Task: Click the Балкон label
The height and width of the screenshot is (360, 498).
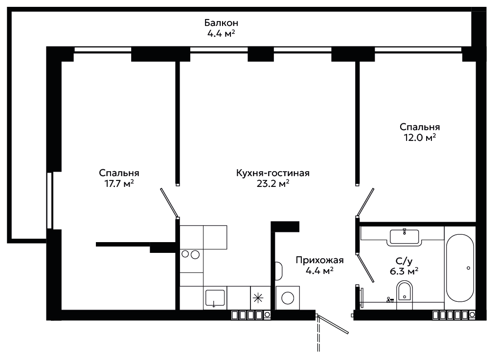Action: coord(221,23)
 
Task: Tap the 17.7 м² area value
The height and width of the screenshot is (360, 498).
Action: coord(119,183)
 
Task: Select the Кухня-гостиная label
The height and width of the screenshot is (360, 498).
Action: coord(273,173)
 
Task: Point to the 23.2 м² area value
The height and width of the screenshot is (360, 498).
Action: coord(273,183)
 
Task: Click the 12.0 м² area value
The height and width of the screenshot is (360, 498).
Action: coord(420,137)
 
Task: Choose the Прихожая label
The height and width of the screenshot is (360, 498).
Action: coord(319,260)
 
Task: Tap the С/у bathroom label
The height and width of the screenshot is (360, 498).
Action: coord(404,261)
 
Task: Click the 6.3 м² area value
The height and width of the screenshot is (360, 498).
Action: coord(404,271)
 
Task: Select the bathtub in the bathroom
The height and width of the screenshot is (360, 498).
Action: coord(460,268)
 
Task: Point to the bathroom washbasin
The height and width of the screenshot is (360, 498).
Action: coord(404,237)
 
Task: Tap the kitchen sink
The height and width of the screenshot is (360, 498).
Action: coord(215,298)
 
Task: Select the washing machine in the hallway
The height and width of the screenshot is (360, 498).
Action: coord(288,298)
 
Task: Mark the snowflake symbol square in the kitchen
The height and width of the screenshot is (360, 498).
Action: coord(258,298)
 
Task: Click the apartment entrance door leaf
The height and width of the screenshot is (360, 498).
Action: coord(333,324)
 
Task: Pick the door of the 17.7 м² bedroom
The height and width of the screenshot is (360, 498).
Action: coord(169,202)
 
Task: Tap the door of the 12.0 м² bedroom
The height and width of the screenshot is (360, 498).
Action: coord(365,202)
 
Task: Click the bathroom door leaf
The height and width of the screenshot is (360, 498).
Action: coord(365,268)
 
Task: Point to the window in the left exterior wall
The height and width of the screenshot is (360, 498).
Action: coord(49,201)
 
